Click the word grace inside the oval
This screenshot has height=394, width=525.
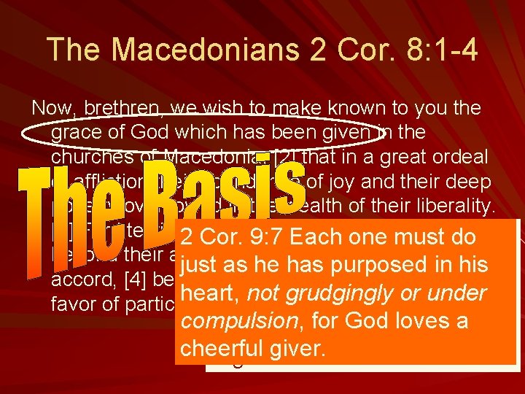tap(77, 132)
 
